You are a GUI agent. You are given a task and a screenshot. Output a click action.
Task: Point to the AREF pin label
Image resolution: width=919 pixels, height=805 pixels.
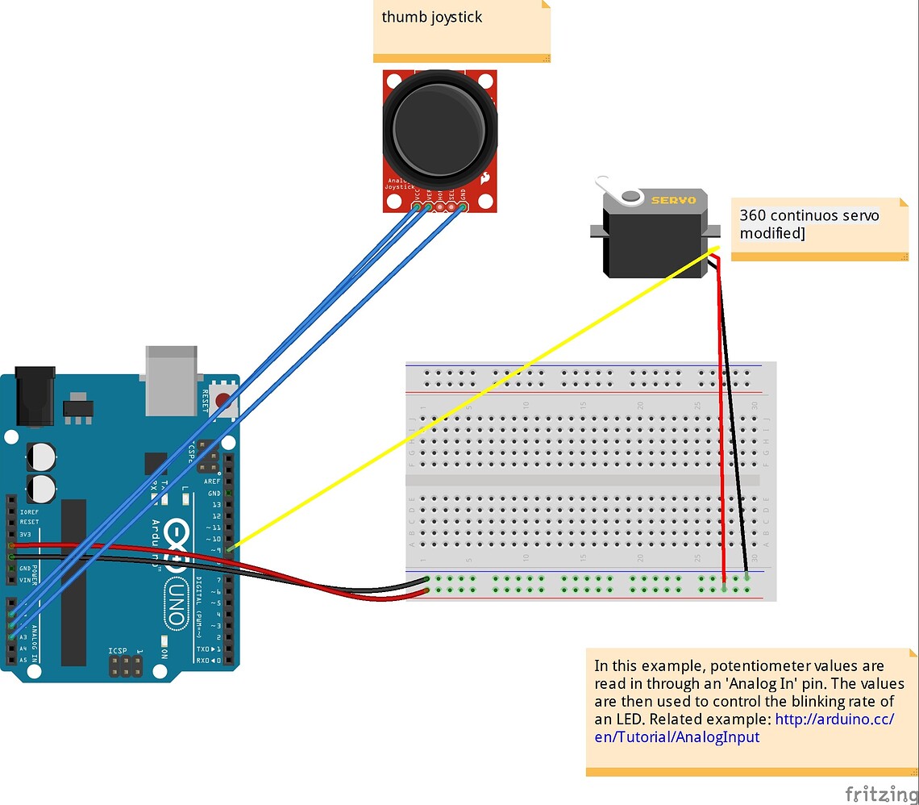(213, 482)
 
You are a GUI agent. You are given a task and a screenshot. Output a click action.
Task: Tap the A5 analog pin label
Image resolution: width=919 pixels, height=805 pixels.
(23, 660)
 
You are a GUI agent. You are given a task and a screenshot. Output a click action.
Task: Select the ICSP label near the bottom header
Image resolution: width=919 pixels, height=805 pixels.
(118, 650)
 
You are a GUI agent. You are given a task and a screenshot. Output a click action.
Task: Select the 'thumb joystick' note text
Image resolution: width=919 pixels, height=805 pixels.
(432, 17)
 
